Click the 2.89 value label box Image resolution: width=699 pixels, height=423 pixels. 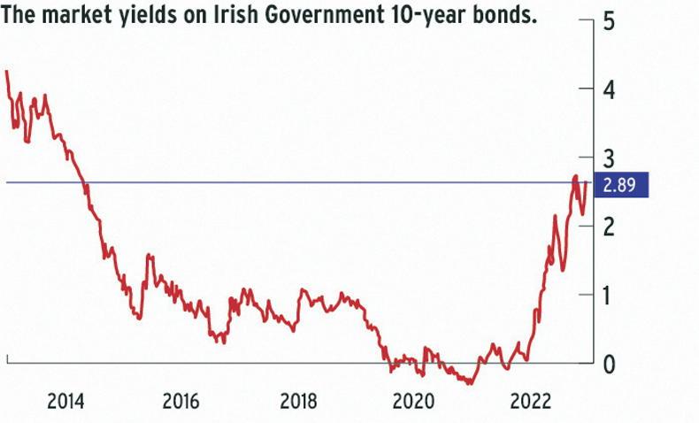click(622, 185)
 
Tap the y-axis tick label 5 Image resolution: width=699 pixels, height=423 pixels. click(610, 21)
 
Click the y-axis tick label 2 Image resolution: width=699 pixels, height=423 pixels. click(609, 227)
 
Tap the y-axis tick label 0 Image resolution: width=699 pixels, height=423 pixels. click(609, 364)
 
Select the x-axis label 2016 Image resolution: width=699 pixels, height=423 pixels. click(182, 401)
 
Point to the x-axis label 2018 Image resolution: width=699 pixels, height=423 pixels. click(299, 401)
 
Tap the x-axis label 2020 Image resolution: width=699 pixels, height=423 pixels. click(414, 401)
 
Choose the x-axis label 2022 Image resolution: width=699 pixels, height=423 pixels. click(529, 401)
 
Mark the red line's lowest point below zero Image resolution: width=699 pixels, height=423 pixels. click(470, 383)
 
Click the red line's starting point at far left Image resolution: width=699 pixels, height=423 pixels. click(6, 71)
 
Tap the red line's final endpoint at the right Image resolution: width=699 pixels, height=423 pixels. click(587, 183)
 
